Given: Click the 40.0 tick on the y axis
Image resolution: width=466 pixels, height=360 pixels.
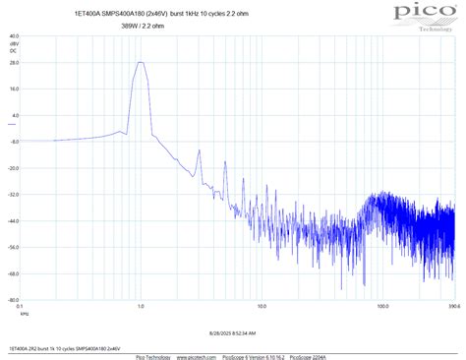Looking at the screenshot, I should (13, 34).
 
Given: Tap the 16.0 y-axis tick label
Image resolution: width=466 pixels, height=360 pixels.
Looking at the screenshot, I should (13, 88).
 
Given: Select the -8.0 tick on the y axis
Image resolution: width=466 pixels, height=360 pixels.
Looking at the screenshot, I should (13, 141).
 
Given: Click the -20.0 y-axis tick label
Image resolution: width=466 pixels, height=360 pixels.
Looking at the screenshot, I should (12, 167).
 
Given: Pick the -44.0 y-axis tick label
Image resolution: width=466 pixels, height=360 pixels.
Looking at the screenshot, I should (12, 220).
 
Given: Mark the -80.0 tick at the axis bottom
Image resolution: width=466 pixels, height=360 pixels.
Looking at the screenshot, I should (12, 300).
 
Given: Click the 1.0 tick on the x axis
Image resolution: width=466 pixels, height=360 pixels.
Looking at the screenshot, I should (142, 307).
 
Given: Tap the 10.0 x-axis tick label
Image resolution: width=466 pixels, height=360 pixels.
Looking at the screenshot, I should (262, 307).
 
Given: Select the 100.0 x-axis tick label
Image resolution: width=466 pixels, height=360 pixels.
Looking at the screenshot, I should (380, 307).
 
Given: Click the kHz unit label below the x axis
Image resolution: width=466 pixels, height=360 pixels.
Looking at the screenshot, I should (26, 314).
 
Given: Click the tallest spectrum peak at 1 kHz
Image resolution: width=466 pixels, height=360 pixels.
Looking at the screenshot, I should (141, 63).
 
